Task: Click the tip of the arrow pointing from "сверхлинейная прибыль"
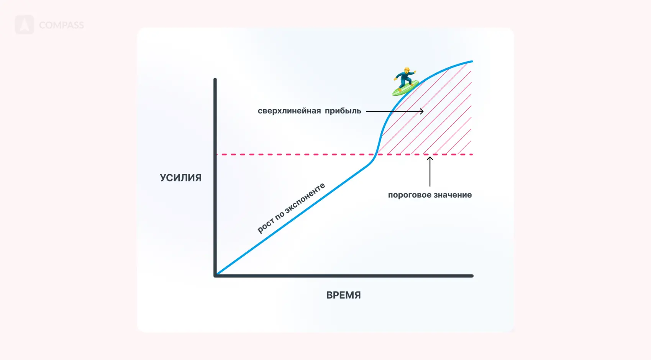423,111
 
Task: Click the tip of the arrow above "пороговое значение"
430,157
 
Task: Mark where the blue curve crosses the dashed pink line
376,154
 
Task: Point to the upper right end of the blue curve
472,62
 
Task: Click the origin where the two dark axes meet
215,275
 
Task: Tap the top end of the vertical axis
215,79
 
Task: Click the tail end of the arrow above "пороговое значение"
430,186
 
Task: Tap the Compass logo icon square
25,25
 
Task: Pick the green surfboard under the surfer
405,88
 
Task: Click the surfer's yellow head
407,70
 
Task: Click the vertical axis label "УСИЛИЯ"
180,178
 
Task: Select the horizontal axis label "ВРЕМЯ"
344,295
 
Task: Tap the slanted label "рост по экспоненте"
291,208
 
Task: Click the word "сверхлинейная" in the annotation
289,111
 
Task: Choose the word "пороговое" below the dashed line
408,195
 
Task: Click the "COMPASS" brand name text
61,25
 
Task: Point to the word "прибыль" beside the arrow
343,111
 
